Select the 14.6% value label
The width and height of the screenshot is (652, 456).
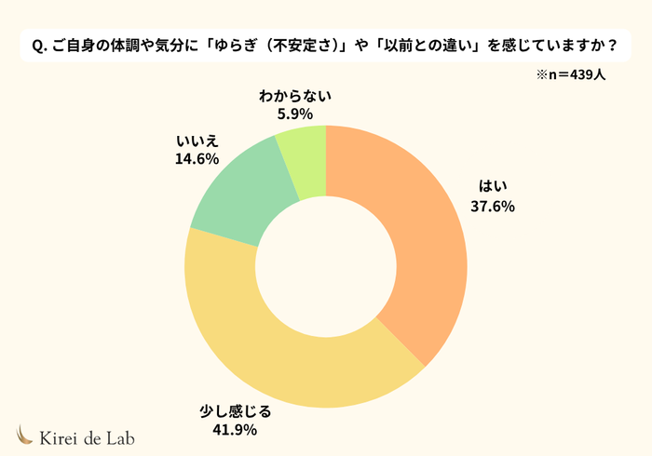[197, 159]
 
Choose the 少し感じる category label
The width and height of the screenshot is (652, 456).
[234, 410]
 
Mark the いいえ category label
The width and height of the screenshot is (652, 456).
[197, 141]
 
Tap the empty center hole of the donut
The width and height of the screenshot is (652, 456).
[325, 266]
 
